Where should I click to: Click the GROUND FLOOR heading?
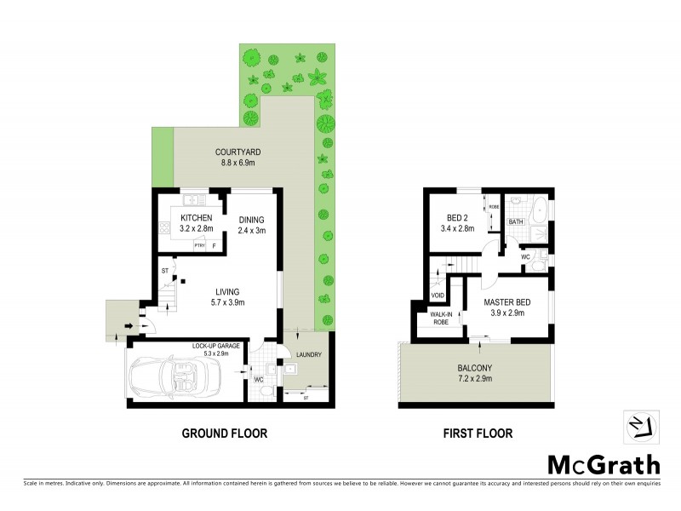(225, 433)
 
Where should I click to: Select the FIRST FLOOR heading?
(477, 433)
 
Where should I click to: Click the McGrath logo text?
(602, 464)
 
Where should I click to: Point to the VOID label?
(437, 296)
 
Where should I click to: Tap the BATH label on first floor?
(516, 222)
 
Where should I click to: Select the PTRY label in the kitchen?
(200, 246)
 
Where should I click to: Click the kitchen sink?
(194, 198)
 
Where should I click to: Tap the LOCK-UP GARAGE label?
(215, 347)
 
